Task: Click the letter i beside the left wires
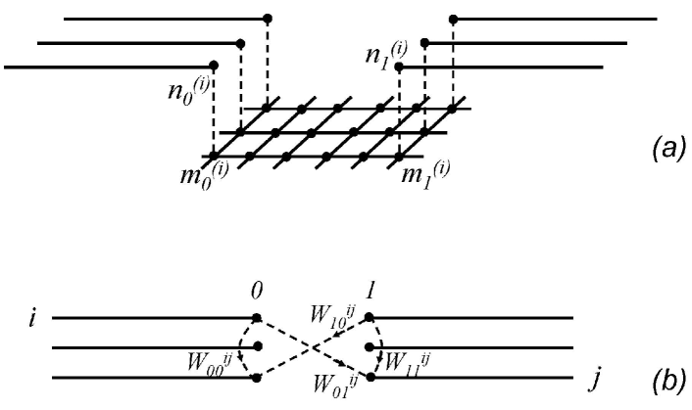pos(32,318)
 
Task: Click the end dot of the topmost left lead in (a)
pos(268,19)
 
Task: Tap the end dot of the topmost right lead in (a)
pos(453,19)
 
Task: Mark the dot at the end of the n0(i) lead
pos(214,67)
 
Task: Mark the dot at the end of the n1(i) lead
pos(399,67)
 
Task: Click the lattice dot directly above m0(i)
pos(214,156)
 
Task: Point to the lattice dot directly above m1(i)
pos(399,156)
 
